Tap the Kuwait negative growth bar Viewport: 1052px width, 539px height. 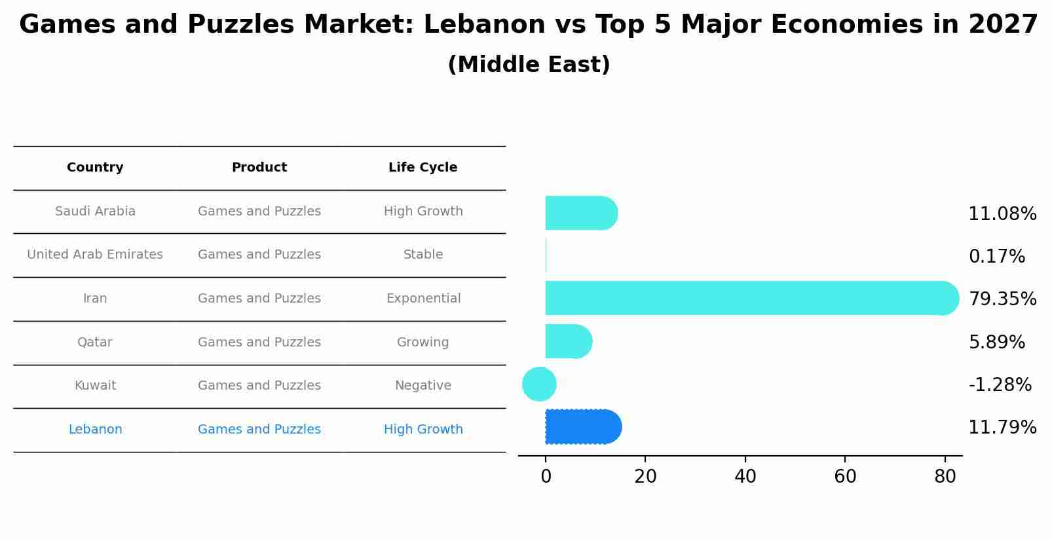539,384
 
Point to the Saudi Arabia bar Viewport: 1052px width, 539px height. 580,213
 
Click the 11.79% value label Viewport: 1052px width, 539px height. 1002,428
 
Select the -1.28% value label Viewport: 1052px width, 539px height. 1000,384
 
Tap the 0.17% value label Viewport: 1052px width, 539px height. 996,256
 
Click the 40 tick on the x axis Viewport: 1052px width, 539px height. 745,477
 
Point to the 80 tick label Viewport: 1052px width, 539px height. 945,477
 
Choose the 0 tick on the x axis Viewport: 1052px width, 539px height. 546,477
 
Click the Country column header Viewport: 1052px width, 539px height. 95,168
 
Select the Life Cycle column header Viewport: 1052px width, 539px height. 423,168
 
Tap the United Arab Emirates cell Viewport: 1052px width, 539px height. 95,255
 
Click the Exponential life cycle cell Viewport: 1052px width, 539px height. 423,299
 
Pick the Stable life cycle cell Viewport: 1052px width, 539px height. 423,255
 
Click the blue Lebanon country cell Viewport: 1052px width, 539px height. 95,430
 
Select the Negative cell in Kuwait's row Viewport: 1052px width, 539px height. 423,386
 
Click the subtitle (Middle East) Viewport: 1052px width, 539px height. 529,65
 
